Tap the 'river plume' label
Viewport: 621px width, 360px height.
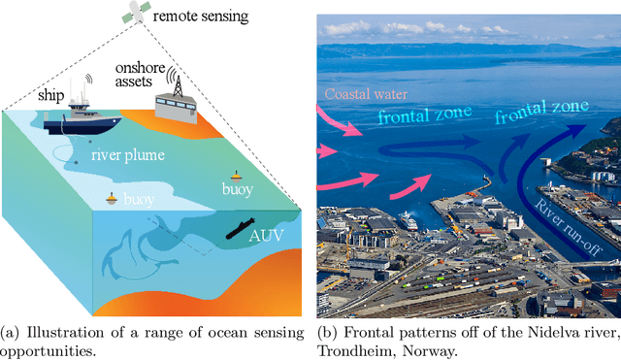128,154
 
